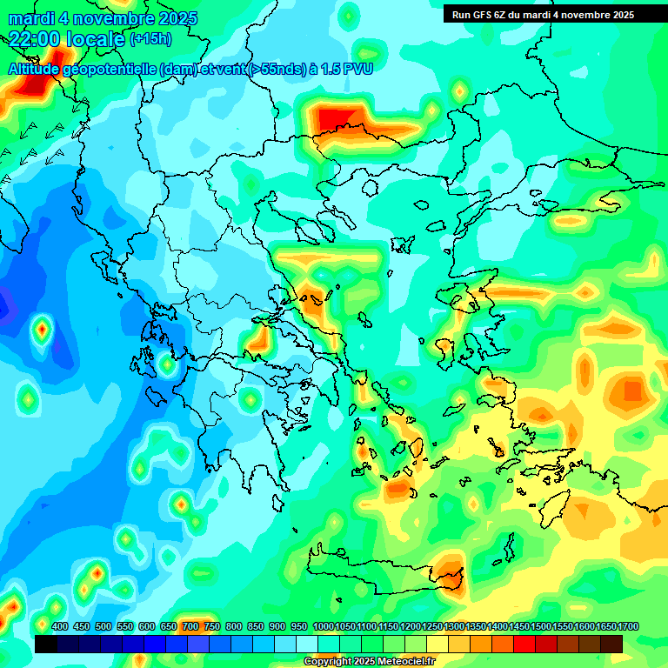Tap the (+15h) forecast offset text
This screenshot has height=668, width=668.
pos(150,38)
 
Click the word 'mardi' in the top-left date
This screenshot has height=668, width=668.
pos(31,18)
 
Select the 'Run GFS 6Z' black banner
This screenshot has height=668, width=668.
pos(543,15)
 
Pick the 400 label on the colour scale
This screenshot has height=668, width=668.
pos(60,626)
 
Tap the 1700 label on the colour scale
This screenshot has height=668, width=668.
pos(605,626)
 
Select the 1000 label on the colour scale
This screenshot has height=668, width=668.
pos(323,626)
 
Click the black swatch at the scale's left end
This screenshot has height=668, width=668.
pos(46,644)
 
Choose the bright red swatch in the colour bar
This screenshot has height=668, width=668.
pos(525,644)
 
